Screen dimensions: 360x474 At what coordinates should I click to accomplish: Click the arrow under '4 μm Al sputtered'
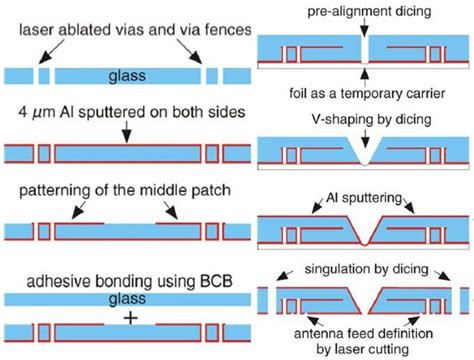coord(126,128)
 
